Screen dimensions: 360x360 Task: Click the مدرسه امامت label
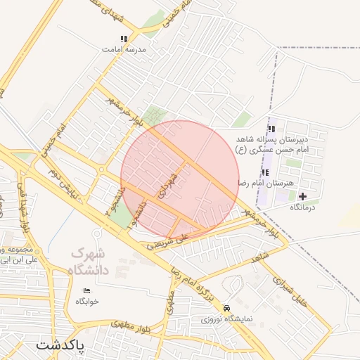tap(123, 50)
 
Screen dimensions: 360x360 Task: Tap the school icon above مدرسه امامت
tap(124, 39)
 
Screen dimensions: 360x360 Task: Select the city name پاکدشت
tap(59, 346)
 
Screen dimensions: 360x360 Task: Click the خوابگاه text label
tap(88, 301)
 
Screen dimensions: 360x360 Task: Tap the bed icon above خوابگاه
tap(87, 290)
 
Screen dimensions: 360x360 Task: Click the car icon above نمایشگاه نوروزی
tap(226, 309)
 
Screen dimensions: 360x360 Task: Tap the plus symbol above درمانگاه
tap(303, 196)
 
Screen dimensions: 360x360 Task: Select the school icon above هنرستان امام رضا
tap(265, 172)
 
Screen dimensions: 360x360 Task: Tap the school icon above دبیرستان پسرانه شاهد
tap(271, 128)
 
